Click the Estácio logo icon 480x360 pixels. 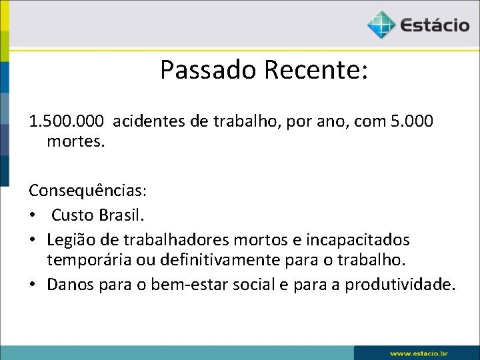click(381, 25)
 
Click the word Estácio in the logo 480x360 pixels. click(435, 25)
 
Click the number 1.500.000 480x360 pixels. click(67, 121)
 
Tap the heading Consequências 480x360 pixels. click(87, 190)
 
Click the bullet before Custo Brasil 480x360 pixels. click(33, 215)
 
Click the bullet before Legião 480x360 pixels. click(33, 239)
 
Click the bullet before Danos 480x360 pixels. click(33, 285)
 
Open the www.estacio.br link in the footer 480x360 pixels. click(418, 352)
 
